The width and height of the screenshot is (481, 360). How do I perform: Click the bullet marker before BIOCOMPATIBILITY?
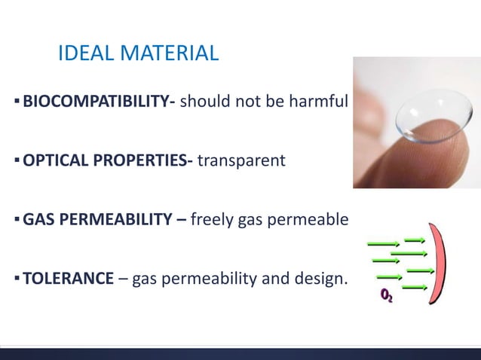pyautogui.click(x=17, y=100)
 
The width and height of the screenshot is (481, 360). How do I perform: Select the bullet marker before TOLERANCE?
pyautogui.click(x=17, y=279)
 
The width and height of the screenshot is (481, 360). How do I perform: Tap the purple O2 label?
pyautogui.click(x=385, y=296)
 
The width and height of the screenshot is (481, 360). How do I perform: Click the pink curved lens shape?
pyautogui.click(x=440, y=264)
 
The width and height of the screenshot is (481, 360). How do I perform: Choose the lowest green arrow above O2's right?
pyautogui.click(x=415, y=287)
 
